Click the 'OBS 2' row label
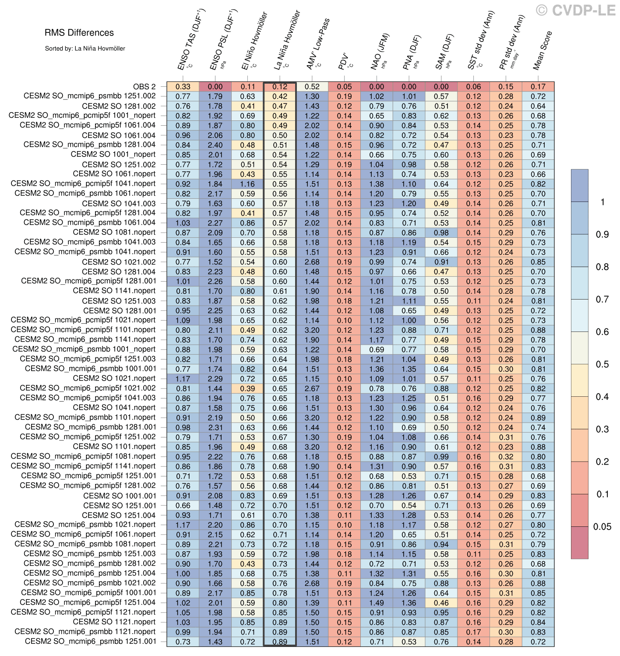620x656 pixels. (144, 86)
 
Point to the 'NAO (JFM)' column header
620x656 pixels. (380, 52)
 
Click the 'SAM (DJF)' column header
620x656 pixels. (445, 52)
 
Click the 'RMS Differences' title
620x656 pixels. (79, 33)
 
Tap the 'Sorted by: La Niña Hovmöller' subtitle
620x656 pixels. (85, 49)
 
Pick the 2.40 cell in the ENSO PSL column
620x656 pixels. (215, 145)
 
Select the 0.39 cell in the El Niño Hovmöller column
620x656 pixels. (247, 388)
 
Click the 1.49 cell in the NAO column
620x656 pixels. (377, 603)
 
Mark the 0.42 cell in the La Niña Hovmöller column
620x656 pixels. (280, 96)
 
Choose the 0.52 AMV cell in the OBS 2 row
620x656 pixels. (312, 87)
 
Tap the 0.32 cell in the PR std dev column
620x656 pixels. (506, 457)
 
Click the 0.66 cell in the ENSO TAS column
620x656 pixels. (183, 505)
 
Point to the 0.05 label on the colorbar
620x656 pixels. (602, 527)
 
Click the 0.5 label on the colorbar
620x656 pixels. (602, 364)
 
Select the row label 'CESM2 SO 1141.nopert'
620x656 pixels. (114, 291)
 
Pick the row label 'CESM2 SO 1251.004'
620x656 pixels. (119, 515)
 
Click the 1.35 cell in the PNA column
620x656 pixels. (409, 369)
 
